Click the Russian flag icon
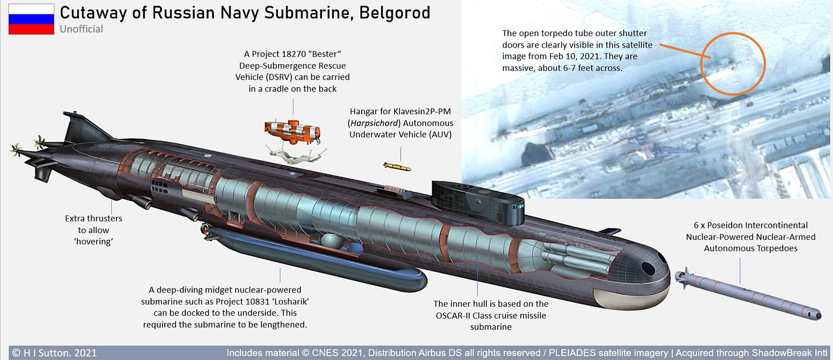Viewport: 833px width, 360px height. pyautogui.click(x=31, y=19)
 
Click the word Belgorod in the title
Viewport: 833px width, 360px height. pyautogui.click(x=395, y=12)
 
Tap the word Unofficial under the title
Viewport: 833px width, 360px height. pyautogui.click(x=81, y=29)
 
